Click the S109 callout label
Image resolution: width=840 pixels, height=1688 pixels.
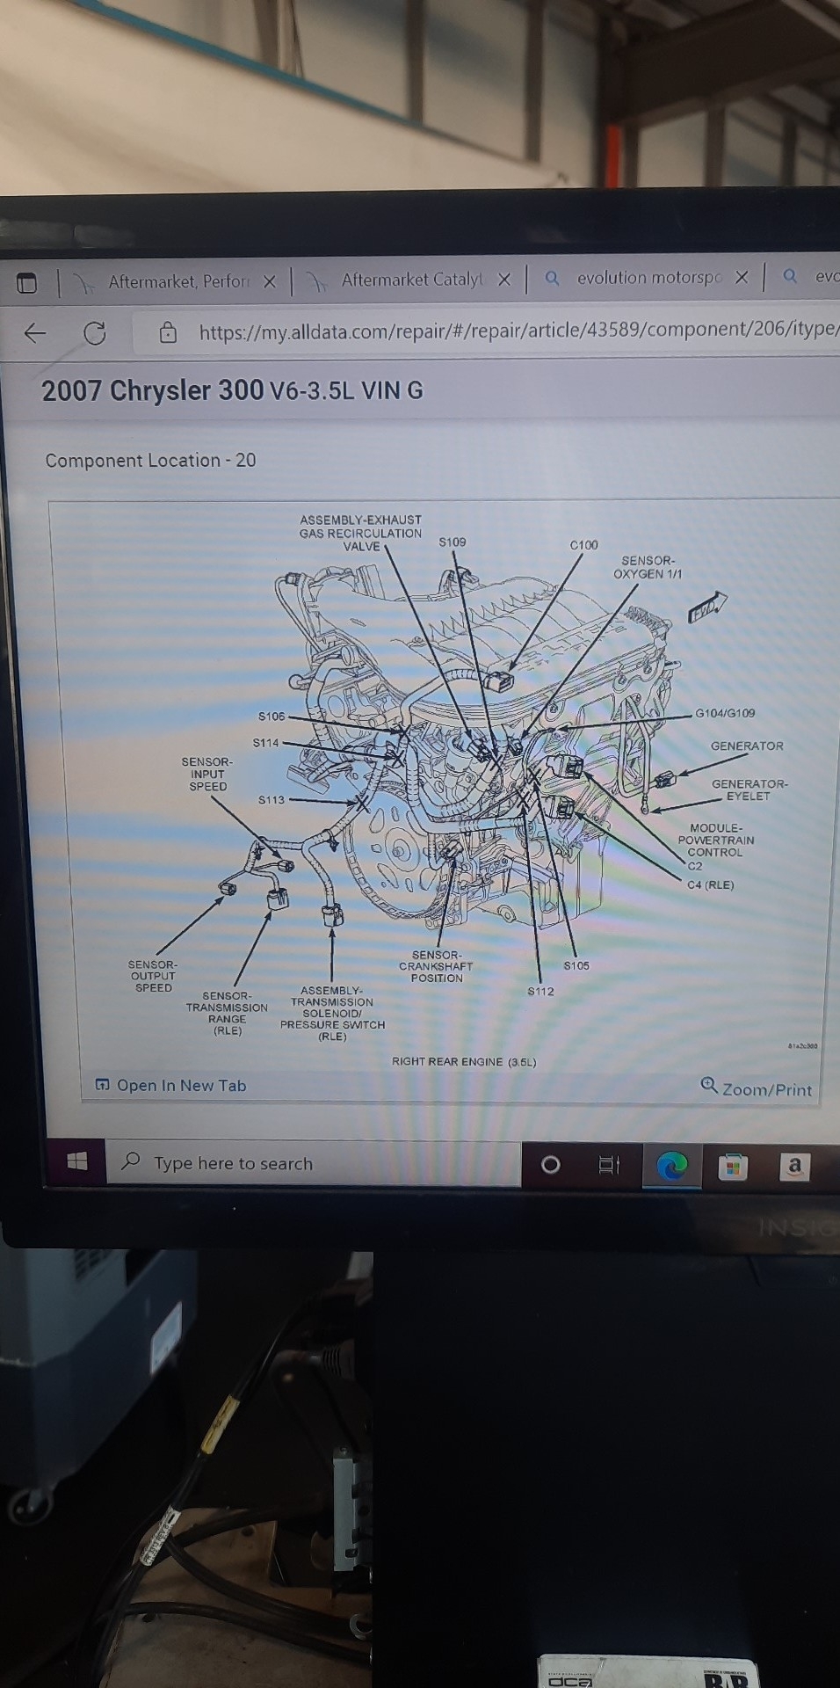[453, 542]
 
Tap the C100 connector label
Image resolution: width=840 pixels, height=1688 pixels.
[583, 545]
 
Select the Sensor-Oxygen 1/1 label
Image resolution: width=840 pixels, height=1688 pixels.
[648, 567]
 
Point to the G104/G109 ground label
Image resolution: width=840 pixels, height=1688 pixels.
[725, 713]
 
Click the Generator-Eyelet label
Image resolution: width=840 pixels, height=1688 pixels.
[749, 789]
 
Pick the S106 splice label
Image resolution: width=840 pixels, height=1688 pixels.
[272, 717]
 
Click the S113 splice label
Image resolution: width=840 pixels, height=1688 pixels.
[272, 800]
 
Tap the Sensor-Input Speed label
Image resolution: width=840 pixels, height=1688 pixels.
[207, 775]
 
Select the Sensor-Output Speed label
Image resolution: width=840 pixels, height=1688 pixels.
[153, 976]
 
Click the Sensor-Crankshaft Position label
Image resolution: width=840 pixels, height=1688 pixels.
[436, 966]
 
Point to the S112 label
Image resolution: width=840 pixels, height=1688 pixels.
[540, 991]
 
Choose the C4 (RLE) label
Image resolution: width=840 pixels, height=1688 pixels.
[710, 884]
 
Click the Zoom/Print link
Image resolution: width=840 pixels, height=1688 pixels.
[757, 1088]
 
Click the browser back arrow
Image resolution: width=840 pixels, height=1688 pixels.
[35, 333]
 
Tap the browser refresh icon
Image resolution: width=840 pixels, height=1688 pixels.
[94, 333]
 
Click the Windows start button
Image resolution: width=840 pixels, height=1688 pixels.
[77, 1161]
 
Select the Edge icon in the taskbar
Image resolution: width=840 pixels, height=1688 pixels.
[672, 1167]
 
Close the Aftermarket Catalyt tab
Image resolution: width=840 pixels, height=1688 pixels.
[504, 280]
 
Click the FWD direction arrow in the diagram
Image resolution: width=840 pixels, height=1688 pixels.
[707, 607]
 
